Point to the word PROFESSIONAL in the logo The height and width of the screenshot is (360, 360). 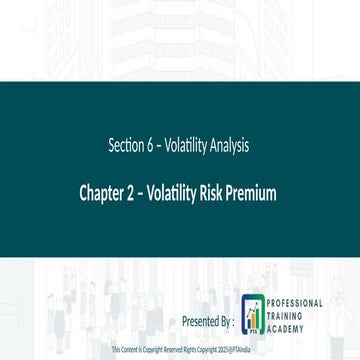pos(295,302)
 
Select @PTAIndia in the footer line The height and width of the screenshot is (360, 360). pos(241,352)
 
